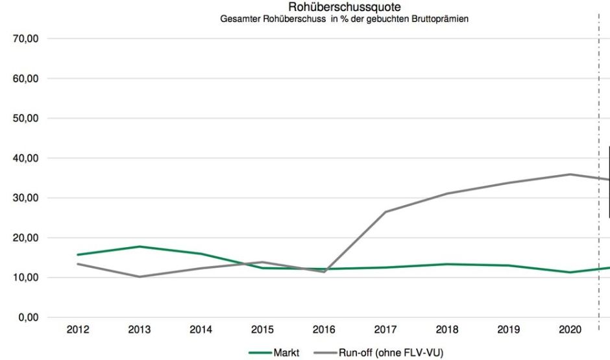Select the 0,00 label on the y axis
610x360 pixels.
click(x=29, y=317)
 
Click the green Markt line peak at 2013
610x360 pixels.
click(x=140, y=246)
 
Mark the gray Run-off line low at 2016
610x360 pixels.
click(x=324, y=272)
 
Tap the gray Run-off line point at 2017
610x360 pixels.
click(x=385, y=211)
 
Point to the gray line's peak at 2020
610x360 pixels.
click(x=570, y=174)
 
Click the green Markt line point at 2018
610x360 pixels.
click(x=447, y=264)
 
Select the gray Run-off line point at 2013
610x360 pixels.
click(x=140, y=277)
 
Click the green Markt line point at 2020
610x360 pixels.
click(x=570, y=272)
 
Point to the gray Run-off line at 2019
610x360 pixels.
click(x=509, y=183)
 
